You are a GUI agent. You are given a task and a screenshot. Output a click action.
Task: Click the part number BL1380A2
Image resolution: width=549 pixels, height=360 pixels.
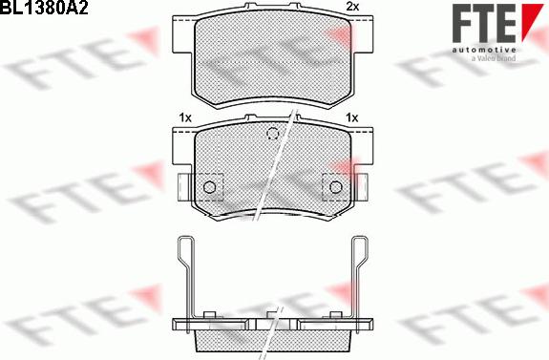[44, 8]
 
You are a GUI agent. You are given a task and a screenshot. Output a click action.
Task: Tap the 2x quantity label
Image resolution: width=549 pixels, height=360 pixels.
[352, 7]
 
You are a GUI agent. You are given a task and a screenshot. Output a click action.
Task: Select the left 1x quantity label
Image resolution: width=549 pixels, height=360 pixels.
[185, 118]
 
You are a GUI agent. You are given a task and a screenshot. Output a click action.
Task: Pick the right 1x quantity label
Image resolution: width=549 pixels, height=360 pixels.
[352, 117]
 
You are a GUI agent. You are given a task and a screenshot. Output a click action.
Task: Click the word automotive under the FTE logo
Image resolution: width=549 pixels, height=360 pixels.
[484, 50]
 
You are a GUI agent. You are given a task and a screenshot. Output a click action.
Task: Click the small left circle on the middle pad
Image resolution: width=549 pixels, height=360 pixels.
[209, 187]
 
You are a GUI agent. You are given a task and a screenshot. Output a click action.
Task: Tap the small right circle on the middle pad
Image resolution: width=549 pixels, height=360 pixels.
[335, 187]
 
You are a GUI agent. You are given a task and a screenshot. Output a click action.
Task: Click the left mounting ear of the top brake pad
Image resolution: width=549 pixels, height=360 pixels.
[183, 35]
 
